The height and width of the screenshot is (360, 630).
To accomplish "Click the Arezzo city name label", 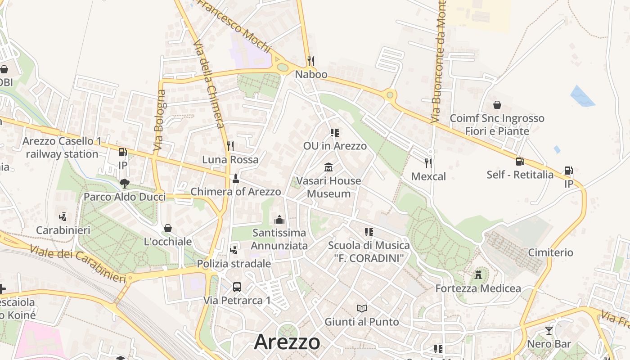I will (x=287, y=342).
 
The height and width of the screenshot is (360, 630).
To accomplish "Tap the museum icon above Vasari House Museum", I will (x=328, y=167).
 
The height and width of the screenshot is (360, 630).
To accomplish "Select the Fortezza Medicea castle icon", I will (x=478, y=274).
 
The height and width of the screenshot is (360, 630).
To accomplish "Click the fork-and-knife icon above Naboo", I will (x=310, y=61).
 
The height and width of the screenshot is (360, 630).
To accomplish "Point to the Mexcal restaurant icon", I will (x=428, y=163).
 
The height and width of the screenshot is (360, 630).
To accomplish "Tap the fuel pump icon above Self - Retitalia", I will (x=520, y=161).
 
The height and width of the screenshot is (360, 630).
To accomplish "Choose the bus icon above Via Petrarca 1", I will (x=237, y=287).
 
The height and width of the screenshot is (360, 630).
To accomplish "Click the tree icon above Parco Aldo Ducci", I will (x=125, y=183).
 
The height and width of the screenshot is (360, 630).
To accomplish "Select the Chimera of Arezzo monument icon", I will (x=235, y=179).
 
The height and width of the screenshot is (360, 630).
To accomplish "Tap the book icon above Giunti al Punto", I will (x=362, y=308).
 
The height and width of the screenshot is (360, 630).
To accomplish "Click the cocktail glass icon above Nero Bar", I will (x=549, y=331).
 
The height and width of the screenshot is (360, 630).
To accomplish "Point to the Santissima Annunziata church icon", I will (x=279, y=220).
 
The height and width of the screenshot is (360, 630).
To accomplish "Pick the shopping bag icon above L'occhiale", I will (x=168, y=228).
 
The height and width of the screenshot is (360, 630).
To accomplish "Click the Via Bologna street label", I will (x=160, y=120).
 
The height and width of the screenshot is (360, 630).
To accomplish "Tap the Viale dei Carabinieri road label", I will (x=78, y=263).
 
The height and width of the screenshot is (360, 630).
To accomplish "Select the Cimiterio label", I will (x=551, y=252).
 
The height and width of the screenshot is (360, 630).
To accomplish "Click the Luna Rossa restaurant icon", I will (x=230, y=146).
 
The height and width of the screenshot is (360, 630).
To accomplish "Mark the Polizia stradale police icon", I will (x=234, y=250).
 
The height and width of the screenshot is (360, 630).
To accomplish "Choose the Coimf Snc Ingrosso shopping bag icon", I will (x=497, y=105).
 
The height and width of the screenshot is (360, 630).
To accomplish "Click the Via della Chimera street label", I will (x=209, y=84).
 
